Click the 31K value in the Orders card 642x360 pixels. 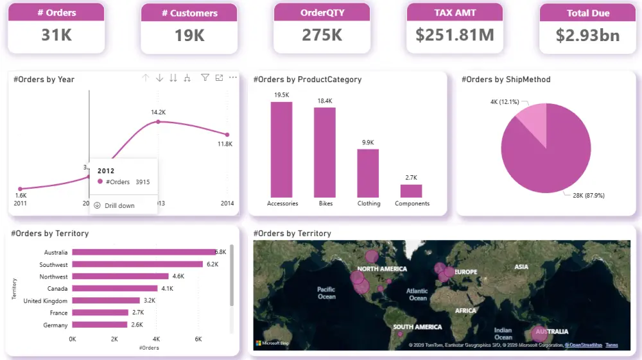[56, 35]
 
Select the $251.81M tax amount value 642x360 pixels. [455, 35]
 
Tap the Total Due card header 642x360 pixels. [587, 13]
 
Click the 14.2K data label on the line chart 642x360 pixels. [158, 112]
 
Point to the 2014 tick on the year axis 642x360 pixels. [227, 203]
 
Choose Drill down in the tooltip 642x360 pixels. [119, 205]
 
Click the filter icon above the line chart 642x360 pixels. [205, 78]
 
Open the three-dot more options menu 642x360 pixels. [233, 78]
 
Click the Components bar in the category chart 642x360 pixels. [411, 191]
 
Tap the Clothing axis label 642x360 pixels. [369, 203]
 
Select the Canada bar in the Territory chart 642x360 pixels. [115, 288]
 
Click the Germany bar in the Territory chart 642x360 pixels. [100, 325]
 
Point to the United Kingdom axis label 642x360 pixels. [46, 301]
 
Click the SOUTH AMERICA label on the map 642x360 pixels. [417, 327]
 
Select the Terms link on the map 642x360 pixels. [611, 345]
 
